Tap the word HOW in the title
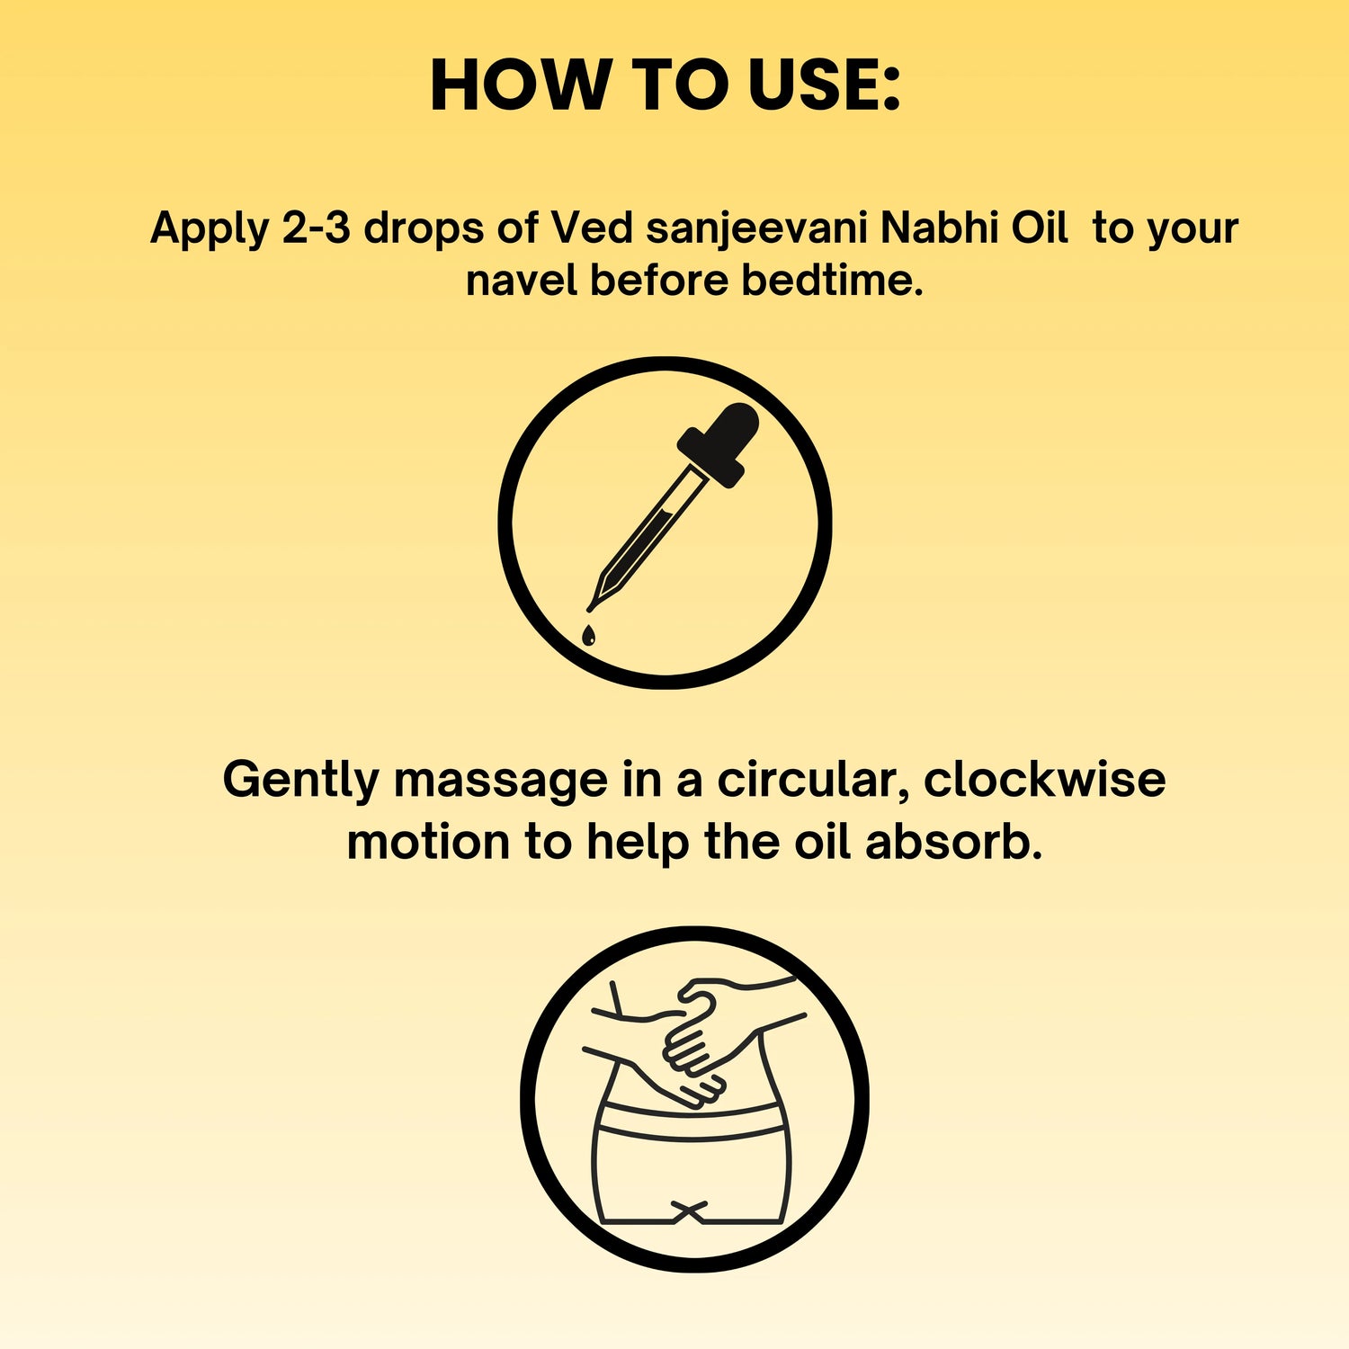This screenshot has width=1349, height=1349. tap(520, 85)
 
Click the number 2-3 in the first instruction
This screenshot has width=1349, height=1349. tap(316, 228)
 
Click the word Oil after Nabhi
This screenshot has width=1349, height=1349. tap(1040, 228)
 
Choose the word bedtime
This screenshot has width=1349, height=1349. tap(832, 281)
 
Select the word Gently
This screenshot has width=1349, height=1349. tap(300, 781)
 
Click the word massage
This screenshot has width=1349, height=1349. tap(500, 781)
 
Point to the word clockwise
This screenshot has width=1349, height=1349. tap(1044, 779)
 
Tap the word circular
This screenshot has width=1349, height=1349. tap(812, 779)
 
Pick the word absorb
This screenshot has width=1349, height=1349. tap(953, 842)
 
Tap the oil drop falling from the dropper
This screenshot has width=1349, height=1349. tap(588, 635)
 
